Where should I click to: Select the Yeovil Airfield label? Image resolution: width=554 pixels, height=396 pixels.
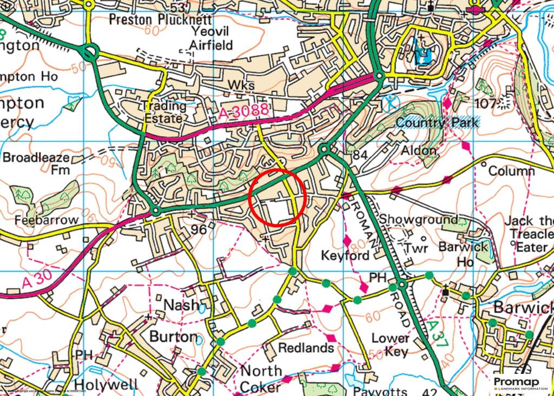click(x=212, y=38)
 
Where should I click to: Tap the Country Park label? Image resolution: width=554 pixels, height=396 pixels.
click(x=437, y=123)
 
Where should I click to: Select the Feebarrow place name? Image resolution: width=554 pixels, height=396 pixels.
click(x=47, y=221)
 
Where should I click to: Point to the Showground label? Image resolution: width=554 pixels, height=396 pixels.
click(x=418, y=220)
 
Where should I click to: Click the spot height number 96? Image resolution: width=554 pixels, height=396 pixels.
click(x=199, y=229)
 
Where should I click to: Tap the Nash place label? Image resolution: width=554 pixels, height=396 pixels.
click(x=181, y=305)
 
